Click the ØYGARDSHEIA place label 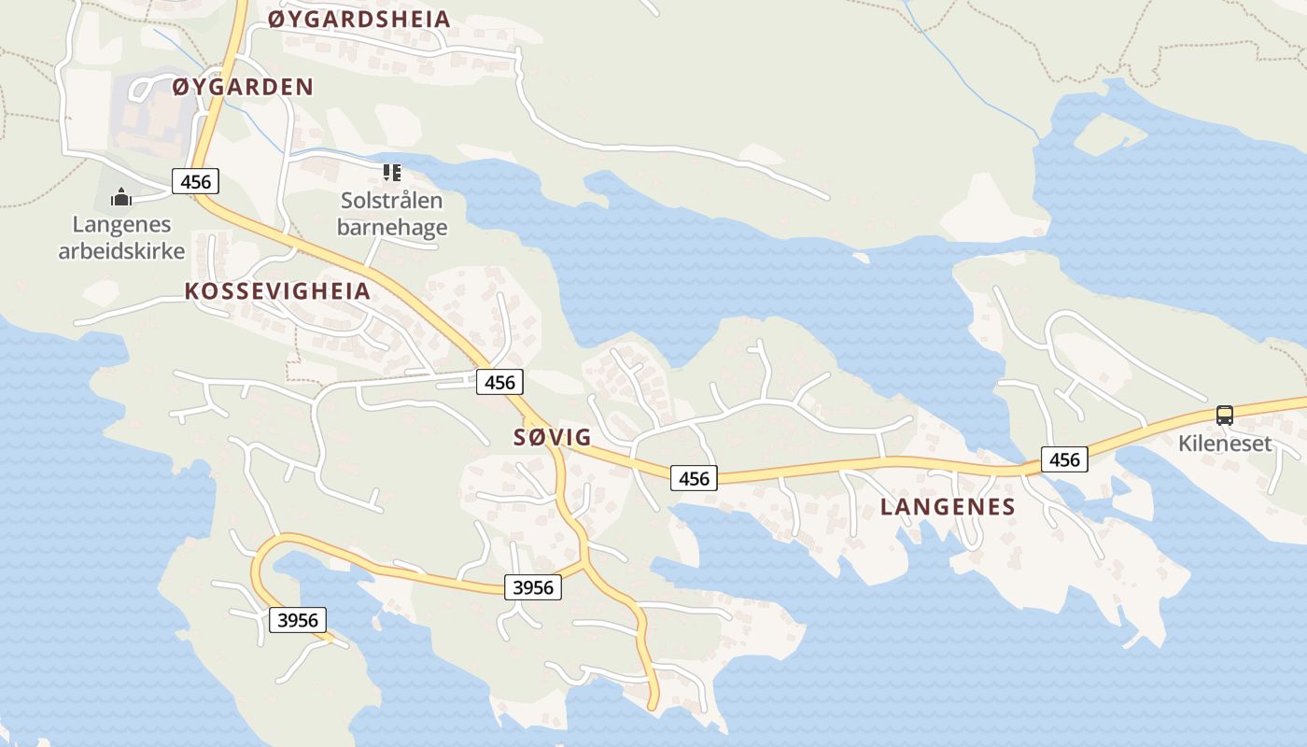pyautogui.click(x=359, y=19)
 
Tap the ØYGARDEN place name pyautogui.click(x=243, y=87)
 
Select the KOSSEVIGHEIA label pyautogui.click(x=277, y=290)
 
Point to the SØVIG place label pyautogui.click(x=553, y=437)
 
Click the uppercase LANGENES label pyautogui.click(x=948, y=507)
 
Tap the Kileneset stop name pyautogui.click(x=1225, y=443)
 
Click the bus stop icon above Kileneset pyautogui.click(x=1225, y=416)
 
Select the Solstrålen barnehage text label pyautogui.click(x=392, y=214)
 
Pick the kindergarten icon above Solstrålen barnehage pyautogui.click(x=392, y=173)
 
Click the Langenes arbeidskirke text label pyautogui.click(x=121, y=237)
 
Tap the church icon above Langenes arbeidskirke pyautogui.click(x=121, y=197)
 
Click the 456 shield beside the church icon pyautogui.click(x=195, y=180)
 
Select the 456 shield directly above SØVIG pyautogui.click(x=499, y=381)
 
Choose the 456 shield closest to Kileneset pyautogui.click(x=1064, y=459)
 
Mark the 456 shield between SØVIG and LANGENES pyautogui.click(x=695, y=478)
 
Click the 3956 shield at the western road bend pyautogui.click(x=298, y=619)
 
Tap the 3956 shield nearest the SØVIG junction pyautogui.click(x=533, y=587)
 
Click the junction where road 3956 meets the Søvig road pyautogui.click(x=584, y=564)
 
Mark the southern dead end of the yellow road pyautogui.click(x=653, y=706)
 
